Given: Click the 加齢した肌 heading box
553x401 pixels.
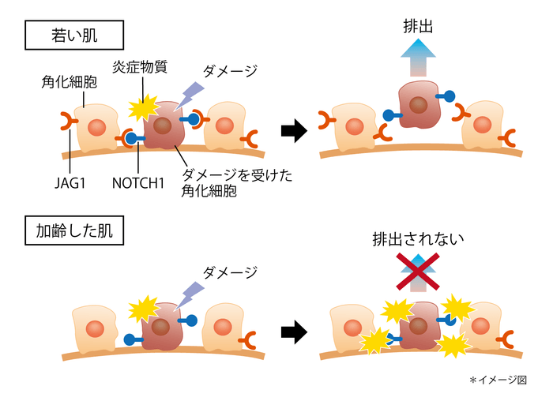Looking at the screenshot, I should (x=75, y=233).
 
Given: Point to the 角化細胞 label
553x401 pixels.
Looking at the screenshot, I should (x=69, y=81).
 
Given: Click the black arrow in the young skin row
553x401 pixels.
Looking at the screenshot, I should (x=294, y=131).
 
